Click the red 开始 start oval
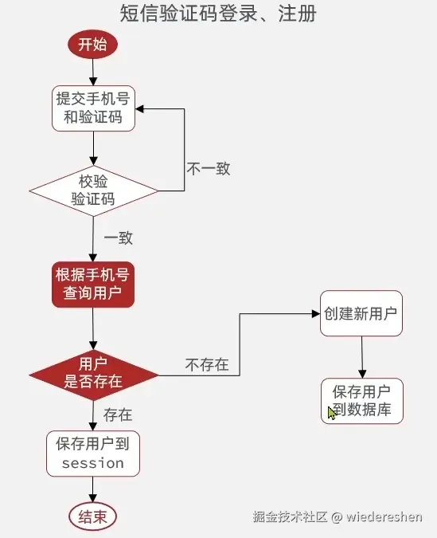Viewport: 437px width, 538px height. coord(92,45)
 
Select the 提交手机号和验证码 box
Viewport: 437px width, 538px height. coord(93,109)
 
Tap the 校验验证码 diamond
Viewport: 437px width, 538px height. coord(93,190)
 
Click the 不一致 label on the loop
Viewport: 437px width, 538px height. coord(209,168)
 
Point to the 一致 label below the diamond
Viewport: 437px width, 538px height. coord(118,238)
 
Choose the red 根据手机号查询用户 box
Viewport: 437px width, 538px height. coord(92,285)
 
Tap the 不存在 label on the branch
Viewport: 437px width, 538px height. coord(207,365)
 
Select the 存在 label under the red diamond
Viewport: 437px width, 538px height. coord(118,414)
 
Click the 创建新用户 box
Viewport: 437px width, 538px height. coord(361,313)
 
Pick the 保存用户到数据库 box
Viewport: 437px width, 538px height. coord(362,401)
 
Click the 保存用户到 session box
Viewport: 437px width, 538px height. coord(92,453)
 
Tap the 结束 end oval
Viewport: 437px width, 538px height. coord(92,516)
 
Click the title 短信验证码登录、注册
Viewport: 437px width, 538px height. coord(218,14)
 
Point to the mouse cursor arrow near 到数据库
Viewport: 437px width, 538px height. coord(331,413)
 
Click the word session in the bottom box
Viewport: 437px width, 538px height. coord(92,463)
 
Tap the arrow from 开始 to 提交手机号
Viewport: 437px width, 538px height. coord(93,71)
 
